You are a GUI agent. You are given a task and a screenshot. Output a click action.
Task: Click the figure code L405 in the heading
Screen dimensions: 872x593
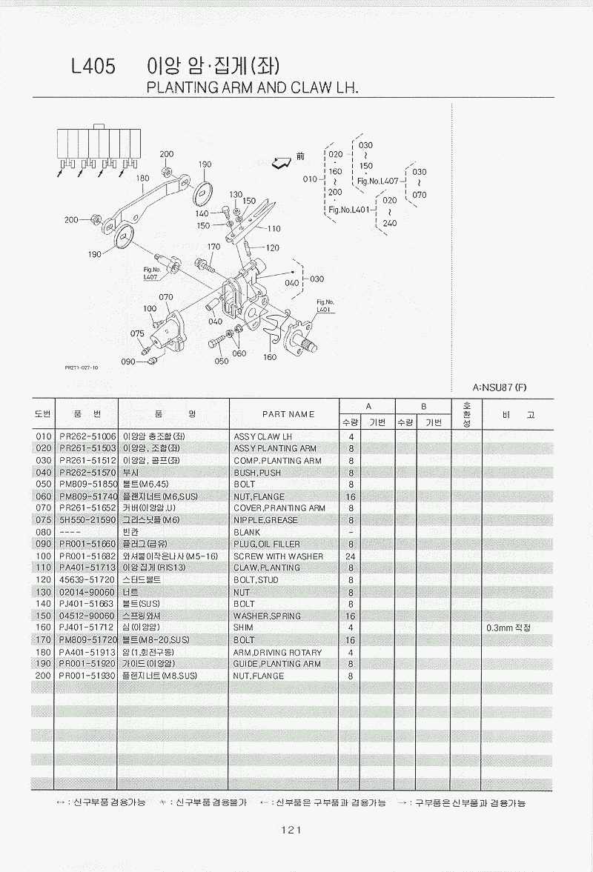(x=93, y=67)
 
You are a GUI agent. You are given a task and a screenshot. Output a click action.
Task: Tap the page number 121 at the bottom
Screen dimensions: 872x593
(x=290, y=830)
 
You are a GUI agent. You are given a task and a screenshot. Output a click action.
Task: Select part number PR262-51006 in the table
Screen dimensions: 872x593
(x=87, y=436)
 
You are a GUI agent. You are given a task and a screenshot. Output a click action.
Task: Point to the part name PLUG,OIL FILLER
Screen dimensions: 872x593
(x=267, y=544)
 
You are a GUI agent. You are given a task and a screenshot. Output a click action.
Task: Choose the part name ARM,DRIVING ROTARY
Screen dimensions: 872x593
(x=277, y=652)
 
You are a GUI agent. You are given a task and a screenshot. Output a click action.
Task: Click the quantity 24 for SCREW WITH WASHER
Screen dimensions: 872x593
(x=350, y=556)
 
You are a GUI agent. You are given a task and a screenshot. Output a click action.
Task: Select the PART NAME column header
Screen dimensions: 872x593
(x=288, y=414)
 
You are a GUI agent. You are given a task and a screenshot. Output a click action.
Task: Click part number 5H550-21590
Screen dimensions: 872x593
(x=87, y=520)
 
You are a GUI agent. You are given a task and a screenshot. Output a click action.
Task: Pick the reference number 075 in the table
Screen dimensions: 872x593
(x=42, y=520)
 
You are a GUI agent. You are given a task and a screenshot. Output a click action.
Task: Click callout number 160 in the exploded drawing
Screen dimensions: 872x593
(x=269, y=357)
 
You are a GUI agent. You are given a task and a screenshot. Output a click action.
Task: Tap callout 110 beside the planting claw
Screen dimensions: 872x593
(x=274, y=229)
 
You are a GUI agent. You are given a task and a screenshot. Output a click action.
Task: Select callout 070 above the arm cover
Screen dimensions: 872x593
(x=166, y=297)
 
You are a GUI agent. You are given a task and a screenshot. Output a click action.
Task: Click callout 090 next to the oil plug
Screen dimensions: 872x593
(x=128, y=362)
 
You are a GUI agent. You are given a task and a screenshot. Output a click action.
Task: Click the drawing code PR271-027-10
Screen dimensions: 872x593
(x=81, y=367)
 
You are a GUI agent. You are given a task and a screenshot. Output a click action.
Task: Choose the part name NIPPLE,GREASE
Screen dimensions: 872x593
(x=265, y=520)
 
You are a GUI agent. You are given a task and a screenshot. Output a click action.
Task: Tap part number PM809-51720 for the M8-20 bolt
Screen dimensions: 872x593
(x=87, y=639)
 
